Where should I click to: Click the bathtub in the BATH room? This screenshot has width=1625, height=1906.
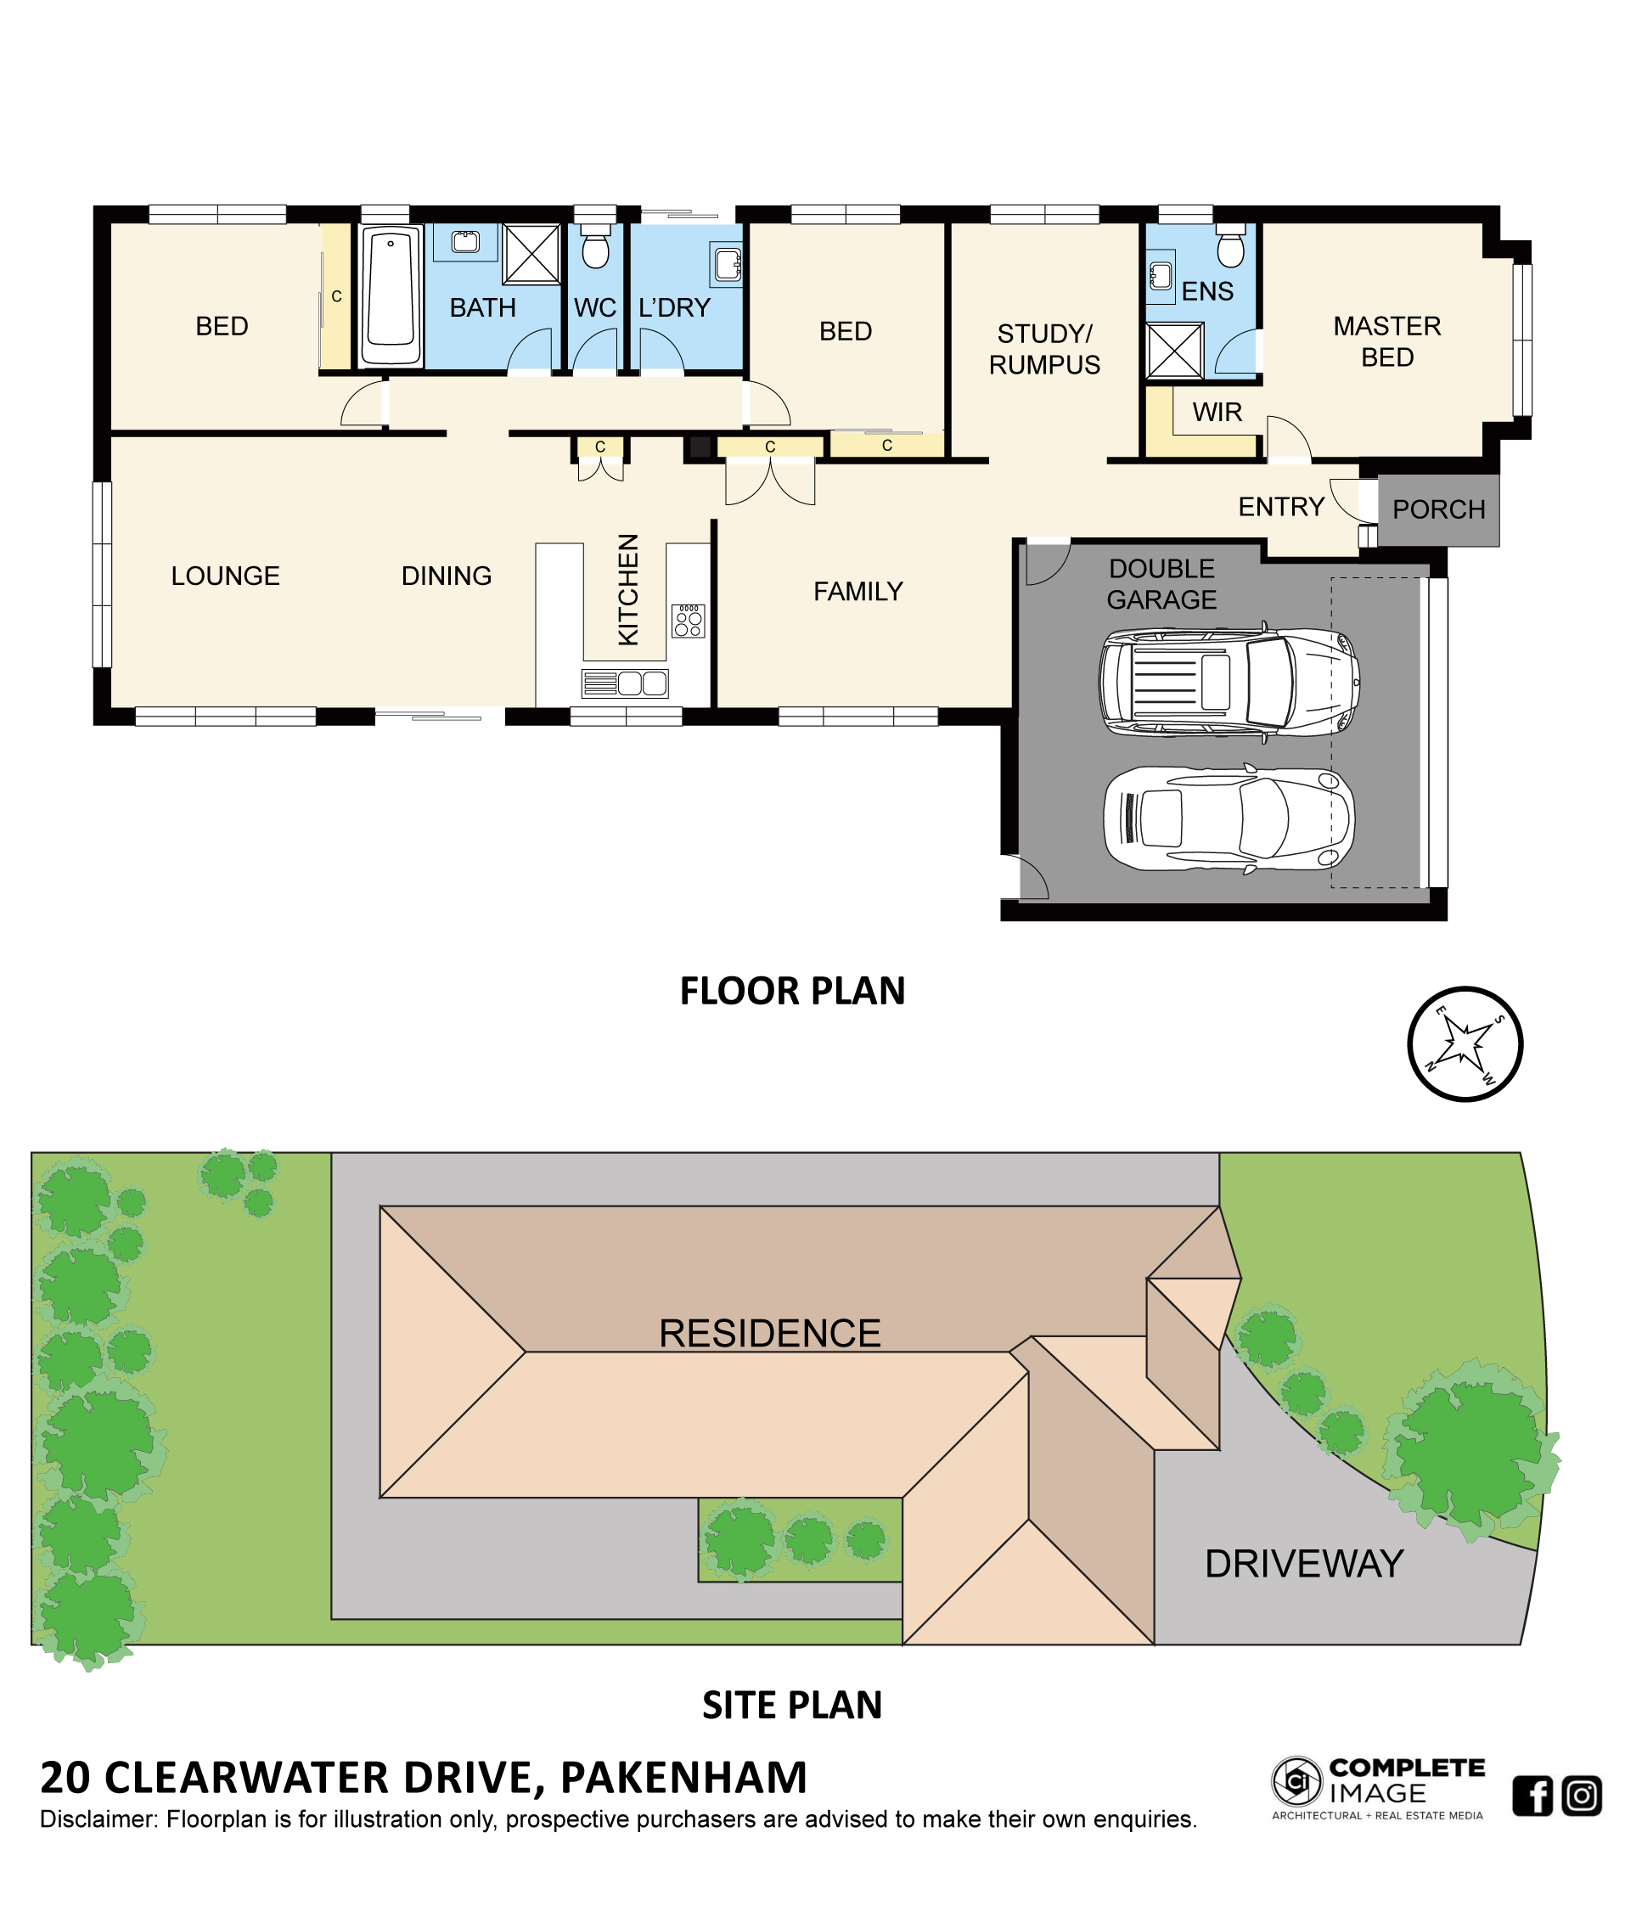tap(391, 296)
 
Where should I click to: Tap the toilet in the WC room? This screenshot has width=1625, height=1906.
tap(595, 245)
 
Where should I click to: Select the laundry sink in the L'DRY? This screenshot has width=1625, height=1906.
tap(727, 264)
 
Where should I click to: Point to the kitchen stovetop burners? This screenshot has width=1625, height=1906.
tap(688, 621)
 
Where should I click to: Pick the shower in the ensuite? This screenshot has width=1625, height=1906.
tap(1174, 351)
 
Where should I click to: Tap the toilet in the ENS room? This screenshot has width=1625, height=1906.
tap(1229, 245)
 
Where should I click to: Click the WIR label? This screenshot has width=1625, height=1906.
tap(1217, 412)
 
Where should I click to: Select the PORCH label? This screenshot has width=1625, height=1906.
tap(1438, 509)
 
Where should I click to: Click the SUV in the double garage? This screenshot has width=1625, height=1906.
tap(1229, 682)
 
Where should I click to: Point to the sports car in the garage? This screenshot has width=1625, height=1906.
tap(1229, 818)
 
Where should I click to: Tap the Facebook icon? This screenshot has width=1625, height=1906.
tap(1532, 1796)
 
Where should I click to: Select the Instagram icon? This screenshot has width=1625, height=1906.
tap(1582, 1796)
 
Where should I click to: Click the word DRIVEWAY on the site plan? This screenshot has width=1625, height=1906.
tap(1304, 1564)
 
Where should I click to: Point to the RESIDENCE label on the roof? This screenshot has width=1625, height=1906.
tap(770, 1334)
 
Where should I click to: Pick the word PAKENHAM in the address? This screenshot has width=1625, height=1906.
tap(683, 1778)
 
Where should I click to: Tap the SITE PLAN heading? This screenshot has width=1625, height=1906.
tap(792, 1706)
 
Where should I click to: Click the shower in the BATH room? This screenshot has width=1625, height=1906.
tap(531, 254)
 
